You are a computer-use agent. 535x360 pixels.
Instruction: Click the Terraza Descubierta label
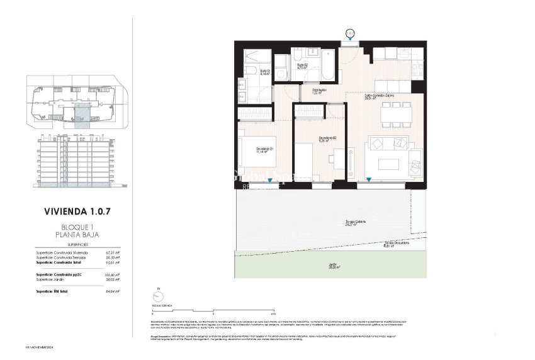[x=397, y=245]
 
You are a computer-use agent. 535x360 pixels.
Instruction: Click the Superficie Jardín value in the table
[x=113, y=279]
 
